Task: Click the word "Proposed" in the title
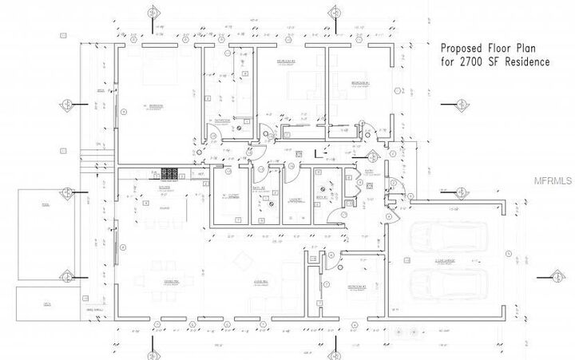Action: pos(460,47)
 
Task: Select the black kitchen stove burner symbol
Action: pos(170,172)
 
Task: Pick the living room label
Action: pos(260,281)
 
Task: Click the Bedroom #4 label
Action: pos(361,82)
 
